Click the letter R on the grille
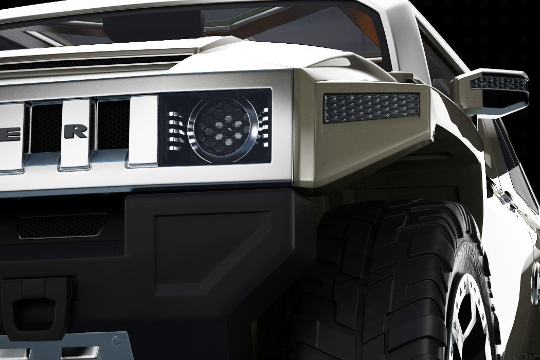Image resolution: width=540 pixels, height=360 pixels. click(x=76, y=132)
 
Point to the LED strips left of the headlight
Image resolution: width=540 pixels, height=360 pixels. click(x=175, y=129)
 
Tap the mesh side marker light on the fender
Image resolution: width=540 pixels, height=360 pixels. click(x=371, y=107)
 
